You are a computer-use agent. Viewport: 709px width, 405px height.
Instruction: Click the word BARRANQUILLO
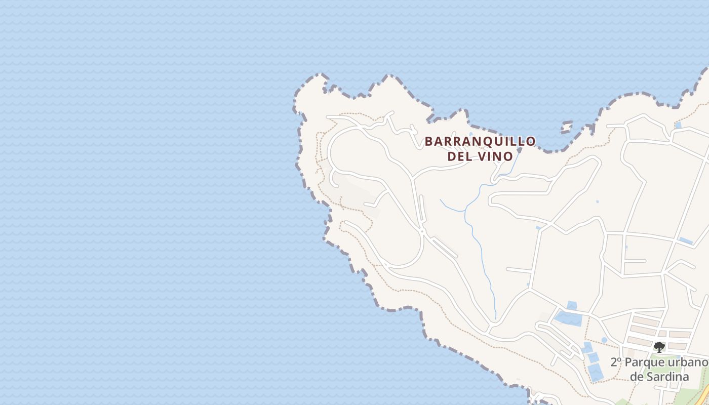tap(480, 141)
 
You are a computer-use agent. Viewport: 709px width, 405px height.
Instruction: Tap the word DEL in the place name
tap(460, 156)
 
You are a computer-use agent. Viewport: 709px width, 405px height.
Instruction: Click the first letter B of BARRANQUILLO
tap(428, 141)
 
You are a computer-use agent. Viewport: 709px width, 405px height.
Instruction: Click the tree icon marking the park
tap(659, 347)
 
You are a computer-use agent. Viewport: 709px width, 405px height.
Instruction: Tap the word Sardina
tap(666, 377)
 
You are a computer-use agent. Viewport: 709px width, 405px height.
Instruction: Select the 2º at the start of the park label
tap(616, 363)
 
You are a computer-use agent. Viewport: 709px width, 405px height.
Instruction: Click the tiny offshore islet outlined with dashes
tap(567, 127)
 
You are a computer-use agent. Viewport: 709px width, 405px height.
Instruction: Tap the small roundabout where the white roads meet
tap(422, 232)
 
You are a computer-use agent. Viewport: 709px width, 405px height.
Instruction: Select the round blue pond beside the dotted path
tap(604, 340)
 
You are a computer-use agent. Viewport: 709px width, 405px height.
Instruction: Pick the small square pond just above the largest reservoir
tap(572, 305)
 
